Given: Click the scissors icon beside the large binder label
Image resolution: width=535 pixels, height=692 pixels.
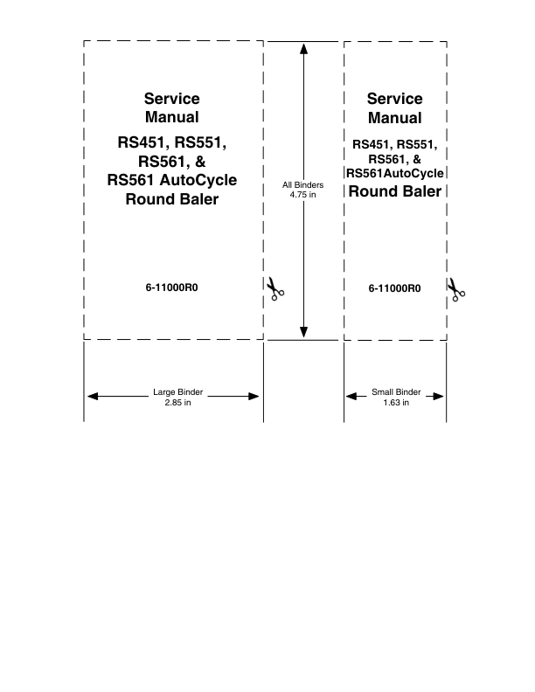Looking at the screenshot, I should pyautogui.click(x=276, y=289).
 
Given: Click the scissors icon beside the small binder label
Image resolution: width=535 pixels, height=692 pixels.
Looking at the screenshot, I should pyautogui.click(x=456, y=289).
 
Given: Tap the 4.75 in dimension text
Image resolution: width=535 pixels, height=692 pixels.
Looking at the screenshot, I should pyautogui.click(x=303, y=194).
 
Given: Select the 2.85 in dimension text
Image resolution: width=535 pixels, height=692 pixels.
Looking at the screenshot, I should pyautogui.click(x=177, y=402).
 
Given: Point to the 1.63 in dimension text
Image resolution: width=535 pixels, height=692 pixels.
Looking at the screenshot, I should pyautogui.click(x=396, y=402).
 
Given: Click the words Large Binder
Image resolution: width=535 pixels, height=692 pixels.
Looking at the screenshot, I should pyautogui.click(x=177, y=392).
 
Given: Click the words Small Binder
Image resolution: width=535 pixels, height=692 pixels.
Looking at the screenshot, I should pyautogui.click(x=396, y=392).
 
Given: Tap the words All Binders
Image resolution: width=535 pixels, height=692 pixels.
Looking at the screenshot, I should pyautogui.click(x=303, y=184).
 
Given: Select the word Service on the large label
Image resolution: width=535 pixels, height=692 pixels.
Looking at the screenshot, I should pyautogui.click(x=172, y=99).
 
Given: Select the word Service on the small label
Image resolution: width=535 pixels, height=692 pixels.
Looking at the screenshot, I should pyautogui.click(x=394, y=99).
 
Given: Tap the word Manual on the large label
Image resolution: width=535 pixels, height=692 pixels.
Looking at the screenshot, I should pyautogui.click(x=172, y=117).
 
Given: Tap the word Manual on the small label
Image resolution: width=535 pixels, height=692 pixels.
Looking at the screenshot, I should pyautogui.click(x=394, y=118).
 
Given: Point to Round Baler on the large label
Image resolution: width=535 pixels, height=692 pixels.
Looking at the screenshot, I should pyautogui.click(x=172, y=198).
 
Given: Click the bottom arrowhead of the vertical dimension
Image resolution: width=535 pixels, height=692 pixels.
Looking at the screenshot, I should pyautogui.click(x=303, y=332).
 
